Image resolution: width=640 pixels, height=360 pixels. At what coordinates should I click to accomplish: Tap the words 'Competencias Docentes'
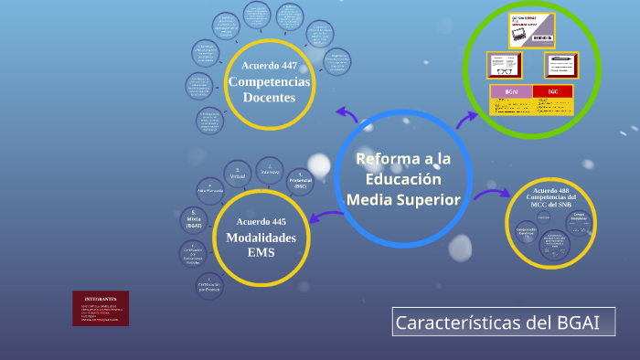[269, 90]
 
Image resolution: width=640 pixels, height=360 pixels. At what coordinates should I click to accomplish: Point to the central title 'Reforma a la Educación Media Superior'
[403, 179]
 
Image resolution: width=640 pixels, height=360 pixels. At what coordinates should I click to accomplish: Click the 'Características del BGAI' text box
[503, 322]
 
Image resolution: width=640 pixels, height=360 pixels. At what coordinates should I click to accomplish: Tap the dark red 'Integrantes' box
[101, 308]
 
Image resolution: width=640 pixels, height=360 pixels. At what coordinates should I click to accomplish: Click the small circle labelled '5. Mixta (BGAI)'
[193, 219]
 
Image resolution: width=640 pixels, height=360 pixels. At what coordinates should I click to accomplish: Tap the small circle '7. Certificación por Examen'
[208, 283]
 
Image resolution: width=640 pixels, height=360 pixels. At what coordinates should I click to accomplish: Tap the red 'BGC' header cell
[552, 91]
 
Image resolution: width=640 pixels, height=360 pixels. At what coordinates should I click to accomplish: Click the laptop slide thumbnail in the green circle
[531, 30]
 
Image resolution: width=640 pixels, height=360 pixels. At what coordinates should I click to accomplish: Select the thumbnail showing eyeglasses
[504, 65]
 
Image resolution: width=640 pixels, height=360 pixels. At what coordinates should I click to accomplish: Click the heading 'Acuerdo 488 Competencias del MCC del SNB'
[551, 196]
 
